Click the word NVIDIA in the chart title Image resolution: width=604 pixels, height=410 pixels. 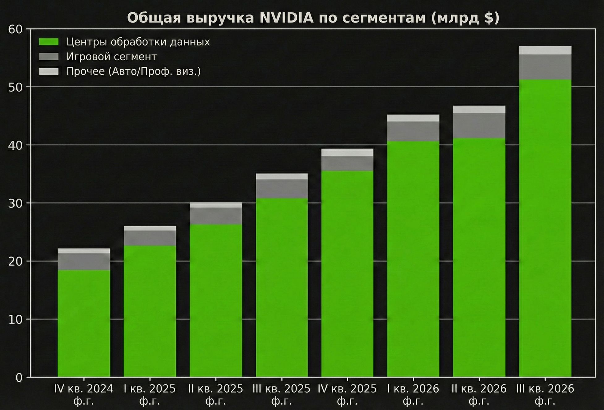click(x=286, y=18)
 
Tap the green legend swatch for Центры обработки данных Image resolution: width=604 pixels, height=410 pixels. click(x=49, y=42)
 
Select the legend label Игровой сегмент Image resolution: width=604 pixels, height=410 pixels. click(x=112, y=57)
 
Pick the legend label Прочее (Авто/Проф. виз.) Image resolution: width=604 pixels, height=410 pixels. click(x=134, y=72)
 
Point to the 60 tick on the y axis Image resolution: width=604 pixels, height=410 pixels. click(x=15, y=30)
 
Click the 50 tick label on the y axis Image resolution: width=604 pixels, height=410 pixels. click(x=15, y=87)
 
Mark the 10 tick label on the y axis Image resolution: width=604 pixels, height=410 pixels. click(x=15, y=320)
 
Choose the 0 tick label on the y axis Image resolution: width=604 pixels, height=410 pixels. click(x=19, y=378)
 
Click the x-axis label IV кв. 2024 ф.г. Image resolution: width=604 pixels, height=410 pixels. click(x=84, y=395)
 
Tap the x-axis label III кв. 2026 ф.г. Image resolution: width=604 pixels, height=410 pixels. click(x=545, y=395)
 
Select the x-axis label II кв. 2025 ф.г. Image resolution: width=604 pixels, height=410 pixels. click(x=216, y=395)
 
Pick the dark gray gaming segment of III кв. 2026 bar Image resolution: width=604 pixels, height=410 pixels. click(x=545, y=67)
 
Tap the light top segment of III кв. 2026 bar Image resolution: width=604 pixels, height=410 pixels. click(x=545, y=50)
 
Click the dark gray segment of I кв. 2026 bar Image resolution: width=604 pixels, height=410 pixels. click(x=413, y=131)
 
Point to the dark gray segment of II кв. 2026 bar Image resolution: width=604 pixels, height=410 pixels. click(x=479, y=126)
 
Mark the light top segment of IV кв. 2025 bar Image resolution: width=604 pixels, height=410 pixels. click(x=347, y=152)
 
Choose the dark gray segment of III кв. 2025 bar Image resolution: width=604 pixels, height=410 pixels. click(x=282, y=189)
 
